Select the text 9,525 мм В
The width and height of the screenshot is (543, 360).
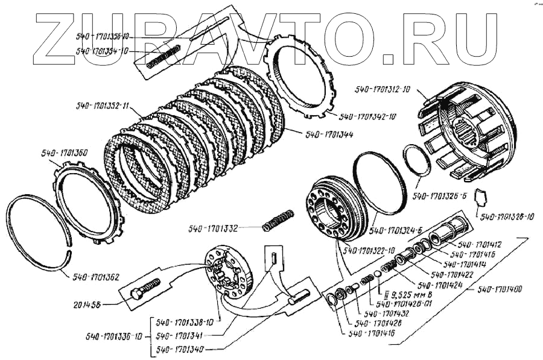point(402,295)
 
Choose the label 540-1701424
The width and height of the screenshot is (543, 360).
point(445,284)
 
